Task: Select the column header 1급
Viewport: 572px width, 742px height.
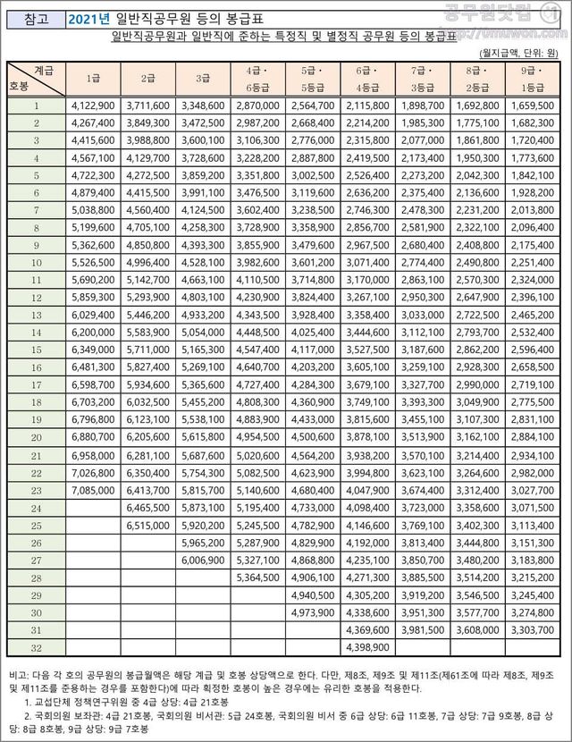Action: coord(92,78)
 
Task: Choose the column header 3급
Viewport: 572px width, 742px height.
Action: coord(201,78)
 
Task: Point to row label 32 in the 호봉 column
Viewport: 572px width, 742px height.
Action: coord(37,646)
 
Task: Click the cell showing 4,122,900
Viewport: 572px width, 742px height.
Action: coord(92,105)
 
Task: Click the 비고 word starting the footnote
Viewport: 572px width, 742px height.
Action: coord(17,672)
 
